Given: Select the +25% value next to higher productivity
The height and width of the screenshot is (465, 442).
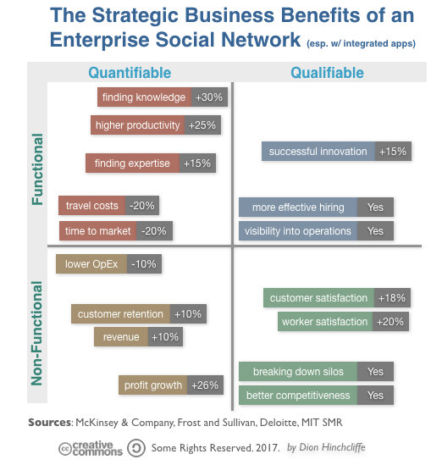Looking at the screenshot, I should (202, 125).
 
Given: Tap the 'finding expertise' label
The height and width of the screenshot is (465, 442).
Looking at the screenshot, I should (132, 163).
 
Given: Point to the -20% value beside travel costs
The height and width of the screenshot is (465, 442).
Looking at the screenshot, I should (143, 206).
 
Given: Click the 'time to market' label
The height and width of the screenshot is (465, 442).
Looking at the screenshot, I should (97, 230).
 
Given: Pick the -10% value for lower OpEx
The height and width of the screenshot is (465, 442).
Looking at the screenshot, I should (144, 264).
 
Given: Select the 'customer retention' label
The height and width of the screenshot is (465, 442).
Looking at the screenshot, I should (120, 314).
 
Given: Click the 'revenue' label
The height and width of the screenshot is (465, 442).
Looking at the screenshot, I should (120, 337).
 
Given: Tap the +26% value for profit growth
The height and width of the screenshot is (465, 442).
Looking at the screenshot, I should (206, 385).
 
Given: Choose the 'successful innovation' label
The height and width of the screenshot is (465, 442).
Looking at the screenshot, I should (318, 152).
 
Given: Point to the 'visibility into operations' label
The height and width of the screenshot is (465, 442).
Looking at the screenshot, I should (297, 231).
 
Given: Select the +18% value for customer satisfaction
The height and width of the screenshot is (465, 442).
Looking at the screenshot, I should (393, 298).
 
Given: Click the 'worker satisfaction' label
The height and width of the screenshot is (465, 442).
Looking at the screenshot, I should (326, 322).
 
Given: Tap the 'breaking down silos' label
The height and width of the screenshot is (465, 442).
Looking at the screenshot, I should (297, 372).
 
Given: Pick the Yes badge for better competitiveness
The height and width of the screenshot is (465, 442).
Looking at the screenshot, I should (375, 396).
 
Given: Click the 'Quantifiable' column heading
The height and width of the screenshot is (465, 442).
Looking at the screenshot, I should (130, 73).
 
